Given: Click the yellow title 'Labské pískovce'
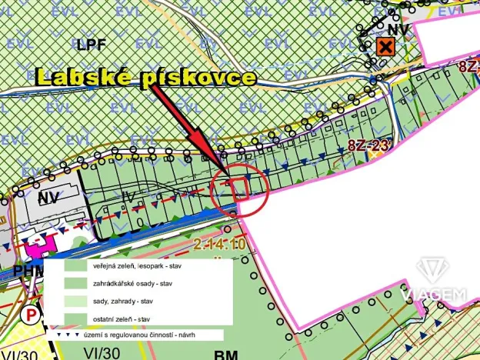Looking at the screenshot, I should point(145,77).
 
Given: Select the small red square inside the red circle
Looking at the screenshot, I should point(238,188).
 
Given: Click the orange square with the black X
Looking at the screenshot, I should point(385,48).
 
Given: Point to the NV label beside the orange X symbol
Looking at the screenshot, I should point(397,29).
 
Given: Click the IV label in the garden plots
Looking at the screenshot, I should point(128,198).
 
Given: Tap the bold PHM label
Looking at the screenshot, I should point(26,272).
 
